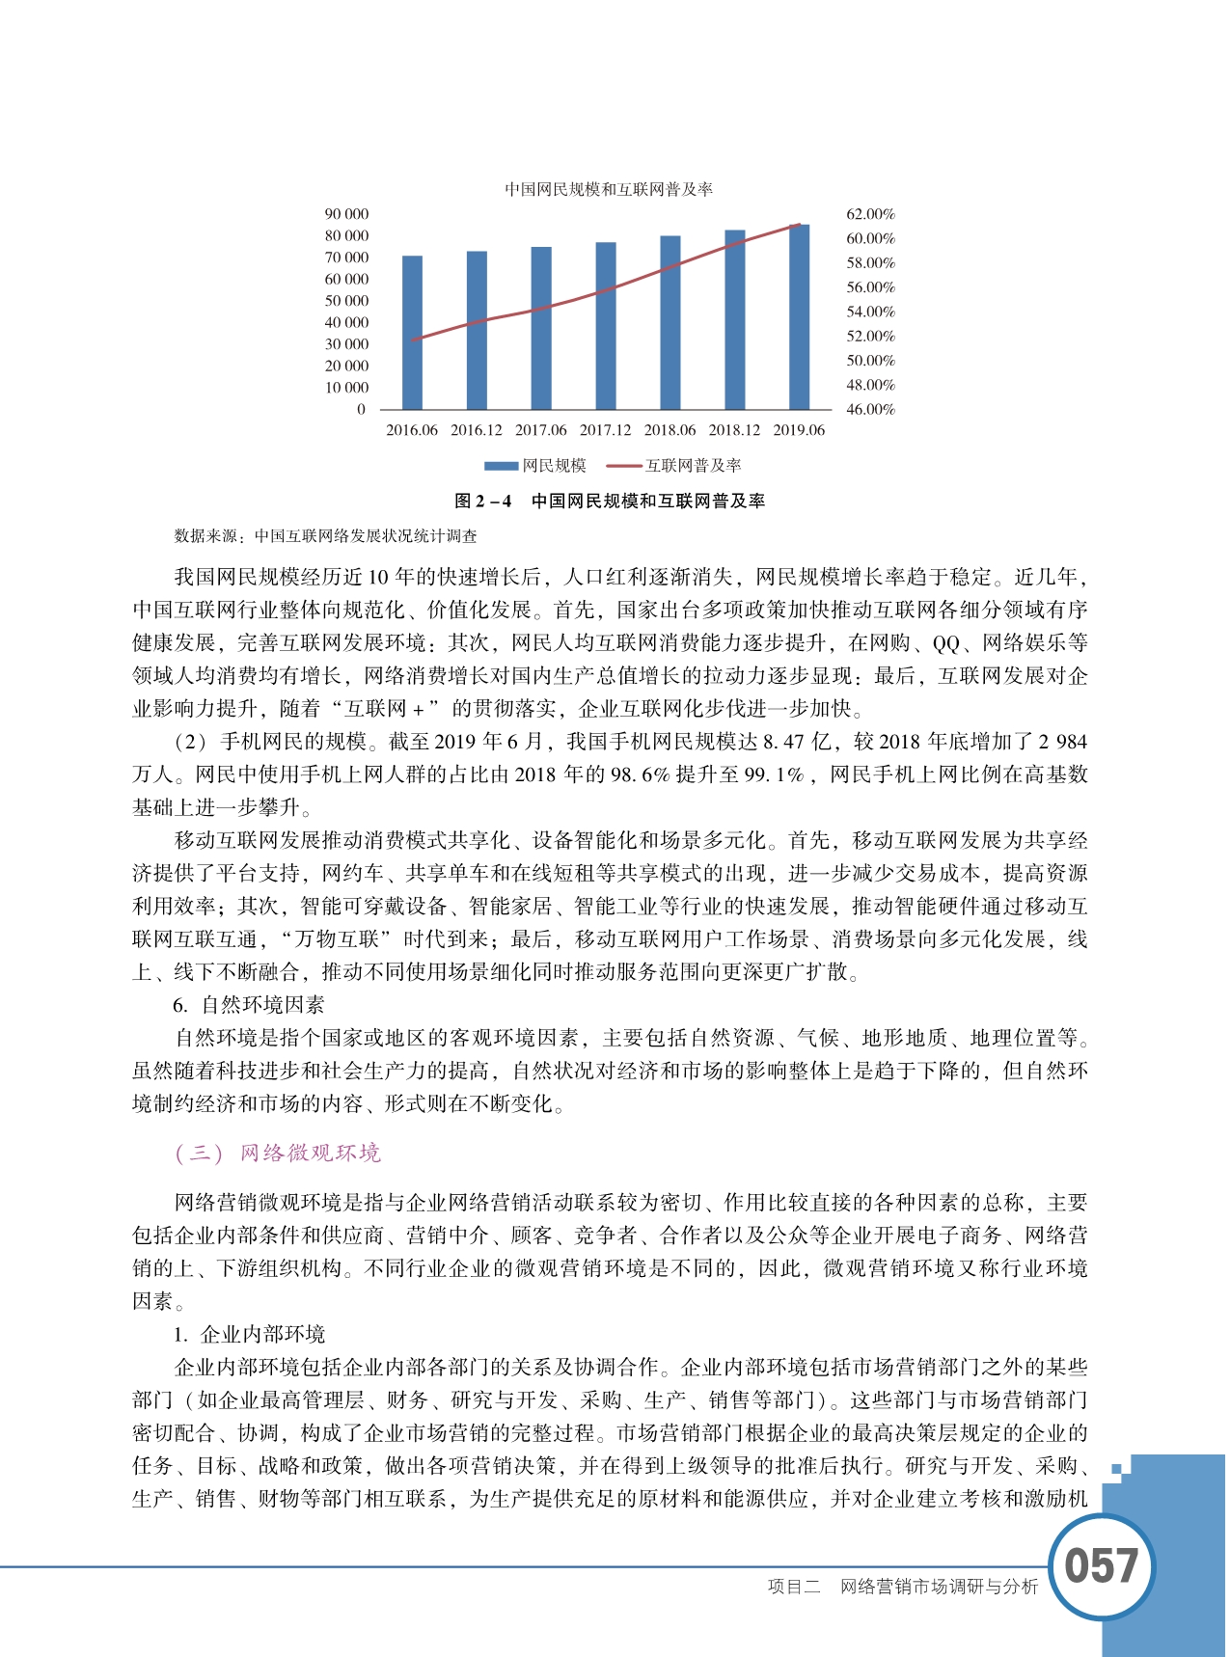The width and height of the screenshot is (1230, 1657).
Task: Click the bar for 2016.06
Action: point(412,333)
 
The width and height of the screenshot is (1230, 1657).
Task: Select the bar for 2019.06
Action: point(799,317)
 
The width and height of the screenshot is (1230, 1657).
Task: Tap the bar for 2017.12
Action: point(606,326)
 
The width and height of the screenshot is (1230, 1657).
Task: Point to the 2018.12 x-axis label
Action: point(734,430)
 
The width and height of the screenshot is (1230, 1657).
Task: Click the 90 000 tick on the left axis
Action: point(346,214)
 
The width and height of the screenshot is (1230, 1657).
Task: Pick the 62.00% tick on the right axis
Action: point(870,214)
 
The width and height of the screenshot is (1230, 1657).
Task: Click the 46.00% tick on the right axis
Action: point(870,409)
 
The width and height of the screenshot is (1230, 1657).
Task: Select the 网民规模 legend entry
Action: point(536,466)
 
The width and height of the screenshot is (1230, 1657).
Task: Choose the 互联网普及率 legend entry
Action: point(674,466)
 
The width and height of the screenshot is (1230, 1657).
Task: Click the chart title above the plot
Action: point(609,190)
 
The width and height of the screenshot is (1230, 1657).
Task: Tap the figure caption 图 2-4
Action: point(610,502)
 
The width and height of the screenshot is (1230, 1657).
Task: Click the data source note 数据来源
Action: point(325,536)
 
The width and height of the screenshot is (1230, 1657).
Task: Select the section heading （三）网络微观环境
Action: point(278,1154)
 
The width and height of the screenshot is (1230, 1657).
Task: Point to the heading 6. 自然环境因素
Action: point(249,1005)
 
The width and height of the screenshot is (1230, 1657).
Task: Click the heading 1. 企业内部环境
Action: point(250,1335)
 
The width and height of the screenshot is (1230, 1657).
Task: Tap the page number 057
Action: point(1101,1566)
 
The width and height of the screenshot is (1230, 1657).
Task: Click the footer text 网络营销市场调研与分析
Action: point(939,1588)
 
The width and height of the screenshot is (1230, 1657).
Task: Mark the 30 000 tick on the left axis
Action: point(346,344)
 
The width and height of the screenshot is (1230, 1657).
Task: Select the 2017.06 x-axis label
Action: point(540,430)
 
